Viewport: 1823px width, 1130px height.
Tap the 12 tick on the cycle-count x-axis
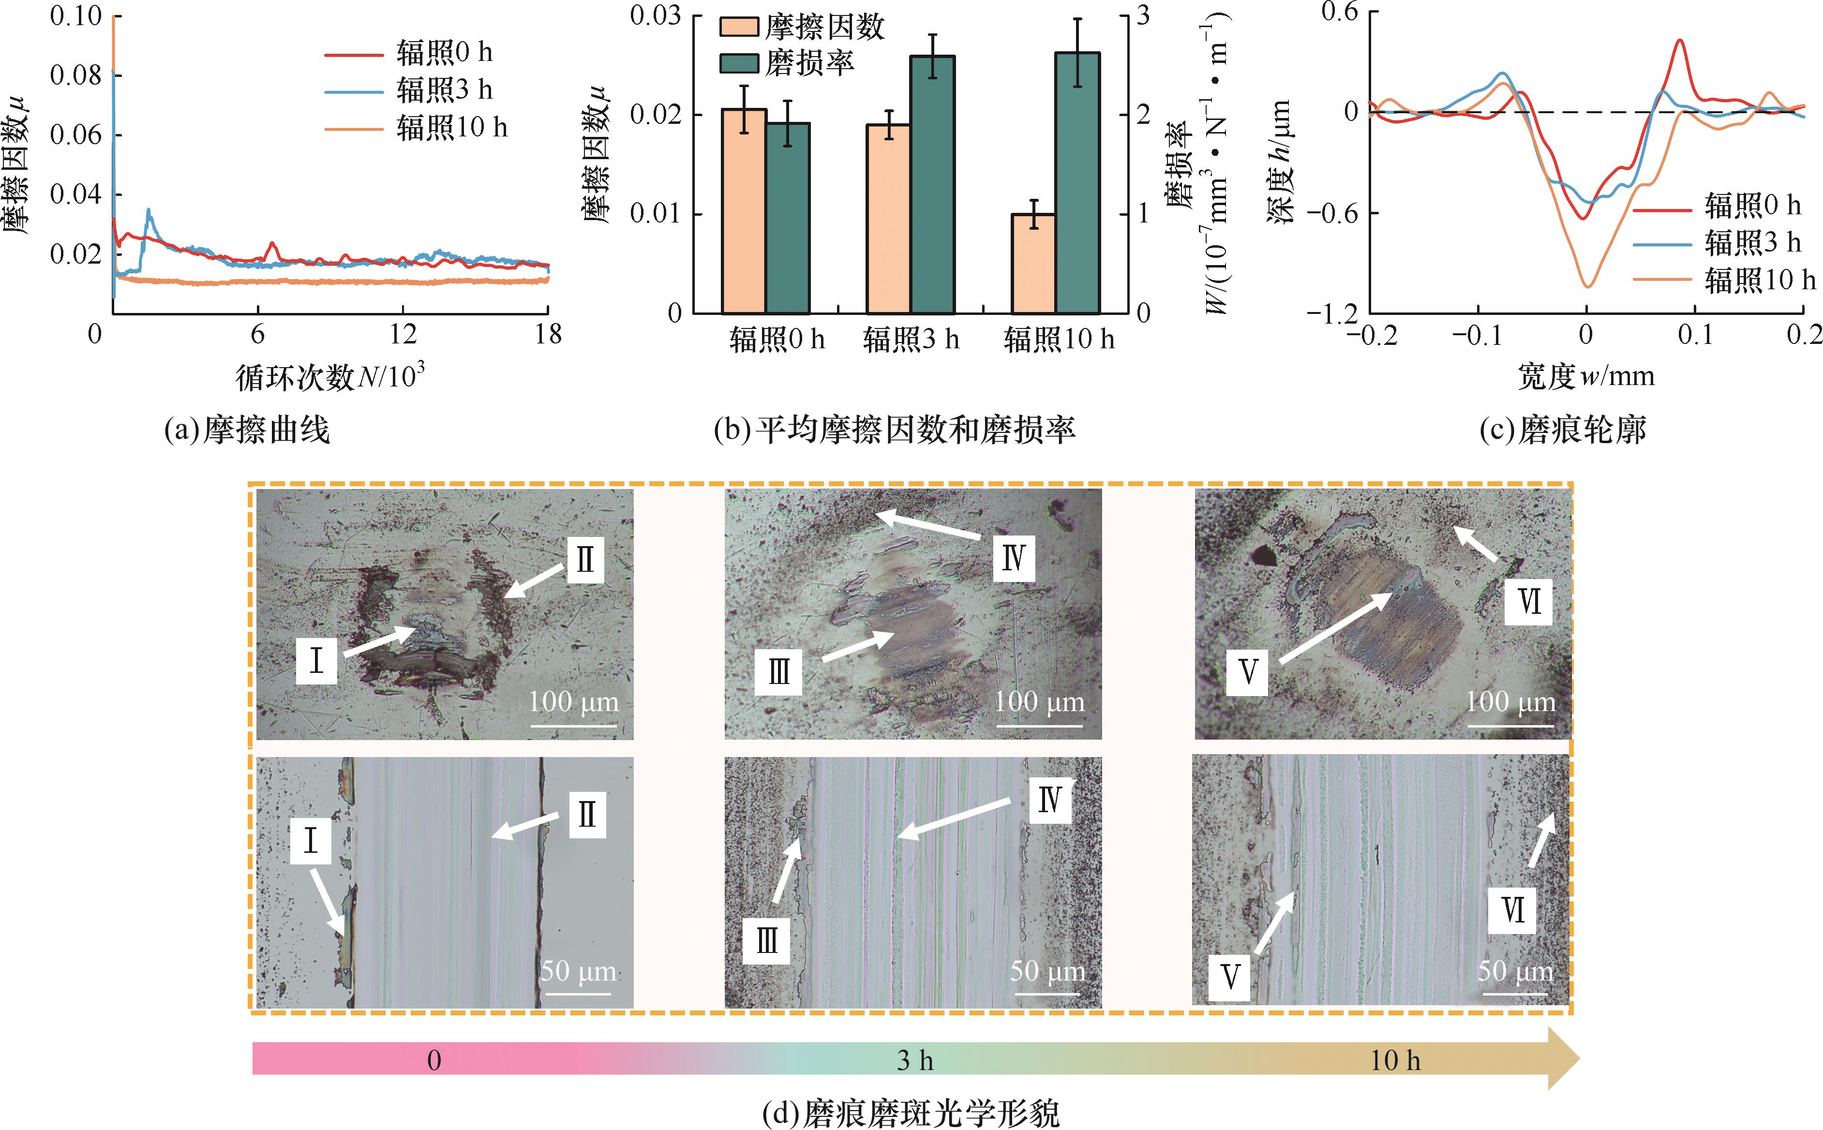403,334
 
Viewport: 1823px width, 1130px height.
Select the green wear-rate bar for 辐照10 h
1077,183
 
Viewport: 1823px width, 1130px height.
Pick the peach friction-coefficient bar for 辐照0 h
744,211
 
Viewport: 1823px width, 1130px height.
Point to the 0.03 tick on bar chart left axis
656,15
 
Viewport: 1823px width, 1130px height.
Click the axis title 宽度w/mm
1585,376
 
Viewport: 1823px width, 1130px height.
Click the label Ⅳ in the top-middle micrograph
1014,558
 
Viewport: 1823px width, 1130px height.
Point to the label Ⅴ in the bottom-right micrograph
1229,976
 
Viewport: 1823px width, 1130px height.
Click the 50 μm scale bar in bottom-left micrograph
578,993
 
